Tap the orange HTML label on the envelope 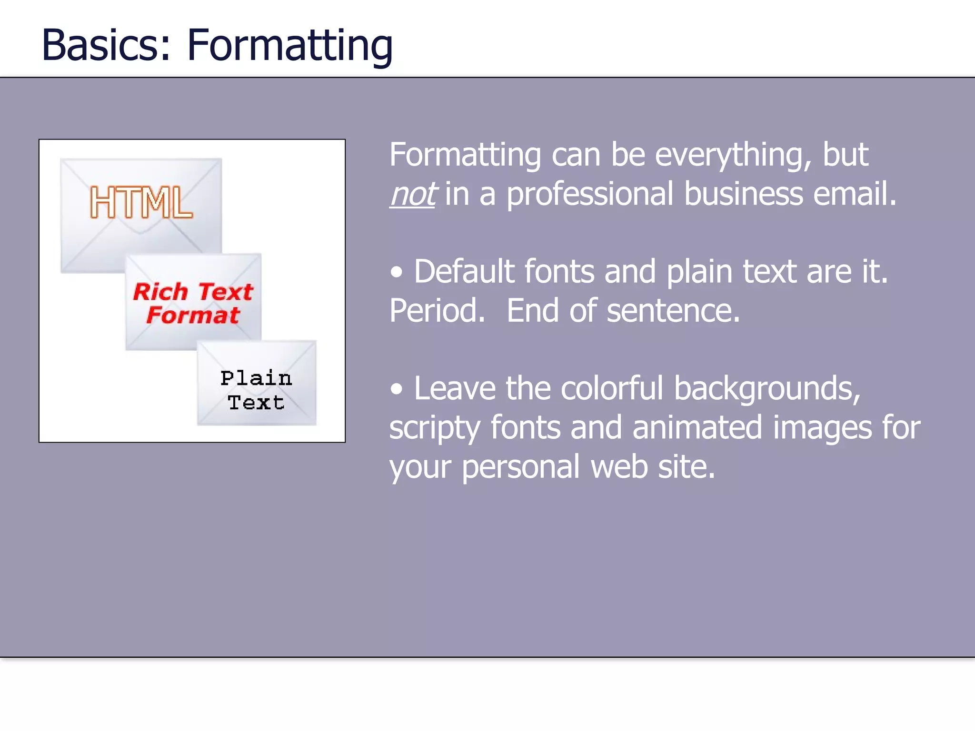[141, 203]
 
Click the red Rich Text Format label [193, 303]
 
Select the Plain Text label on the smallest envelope [256, 390]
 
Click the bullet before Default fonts [397, 273]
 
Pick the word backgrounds [767, 389]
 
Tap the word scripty [434, 428]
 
